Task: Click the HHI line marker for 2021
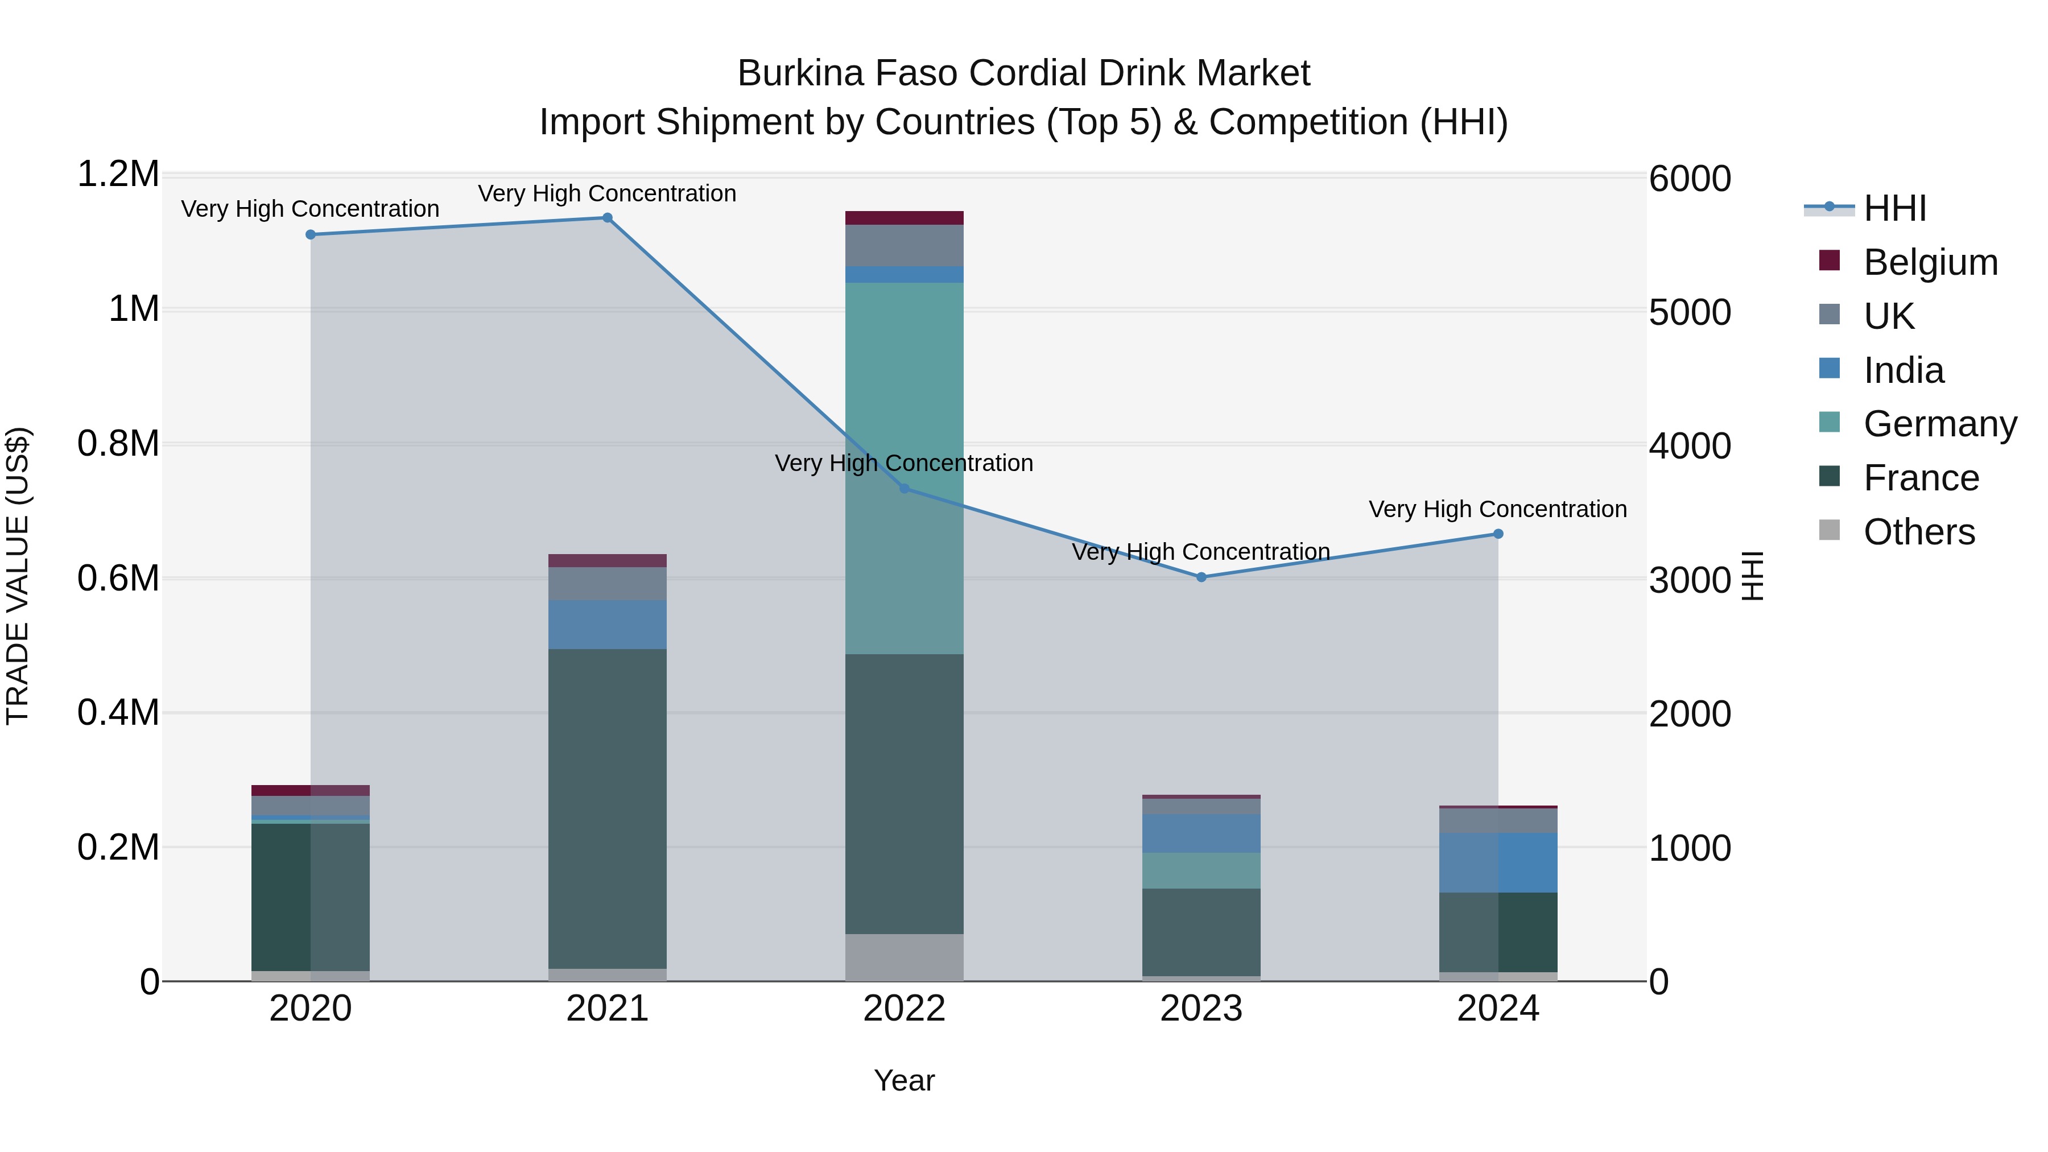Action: (608, 218)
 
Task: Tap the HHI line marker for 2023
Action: (1201, 577)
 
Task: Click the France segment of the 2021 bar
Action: (608, 808)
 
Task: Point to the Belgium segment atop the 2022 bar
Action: (904, 218)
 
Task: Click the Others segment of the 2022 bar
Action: (904, 957)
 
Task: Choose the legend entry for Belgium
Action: (1930, 262)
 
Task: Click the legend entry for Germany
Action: (1939, 424)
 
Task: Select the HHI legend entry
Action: (1894, 208)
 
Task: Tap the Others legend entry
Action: (1918, 532)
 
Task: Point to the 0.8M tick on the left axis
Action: (118, 444)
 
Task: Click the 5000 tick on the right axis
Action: (1690, 312)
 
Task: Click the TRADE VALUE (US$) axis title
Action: (18, 576)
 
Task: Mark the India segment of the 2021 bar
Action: (608, 625)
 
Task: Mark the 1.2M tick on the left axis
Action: (118, 174)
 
